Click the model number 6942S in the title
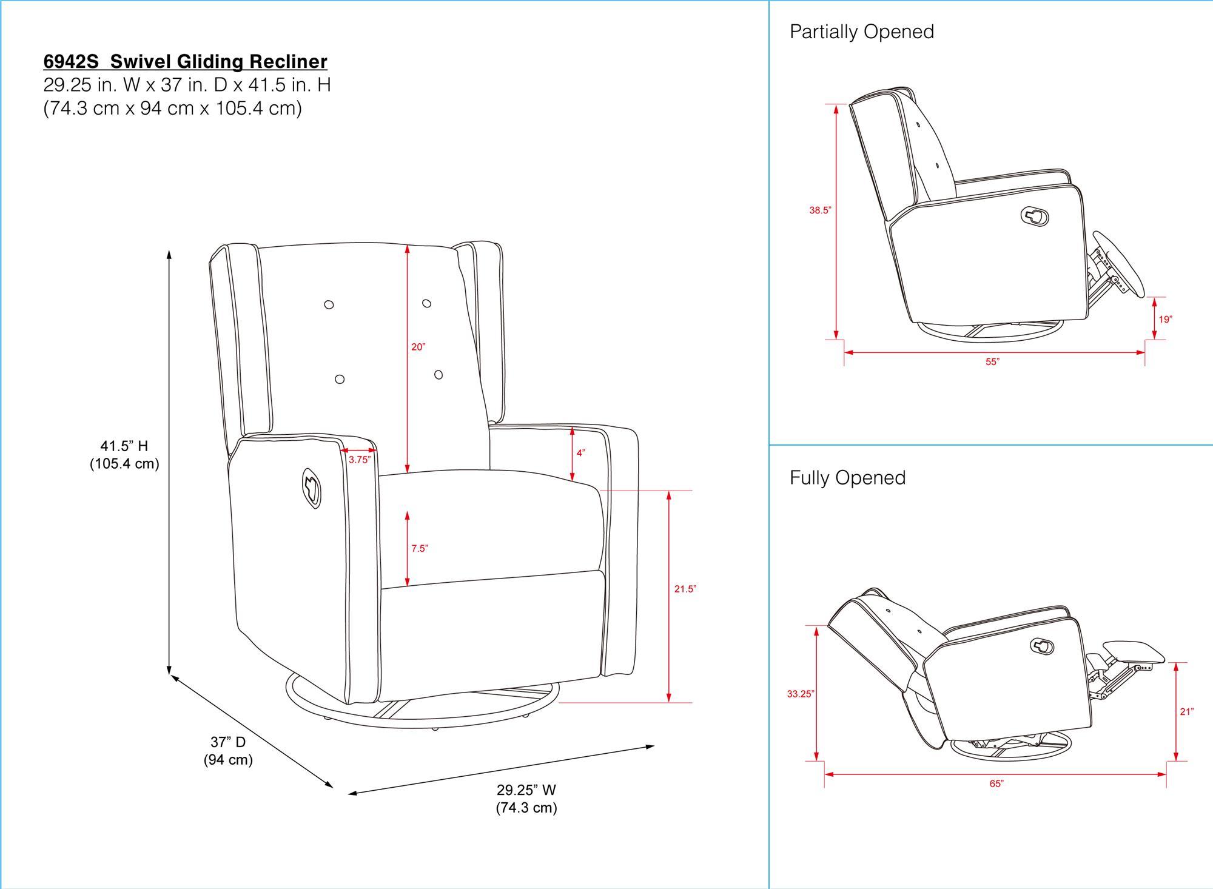tap(71, 62)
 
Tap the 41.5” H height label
tap(124, 446)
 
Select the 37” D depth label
tap(228, 742)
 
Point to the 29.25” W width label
tap(526, 790)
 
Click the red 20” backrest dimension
tap(418, 347)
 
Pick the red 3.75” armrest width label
tap(359, 460)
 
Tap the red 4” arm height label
tap(580, 453)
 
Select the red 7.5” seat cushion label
tap(420, 549)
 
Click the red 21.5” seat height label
tap(685, 589)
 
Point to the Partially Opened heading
tap(861, 32)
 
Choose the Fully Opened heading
tap(847, 478)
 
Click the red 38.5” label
tap(820, 210)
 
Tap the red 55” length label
tap(992, 362)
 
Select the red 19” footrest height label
tap(1165, 320)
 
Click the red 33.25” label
tap(801, 694)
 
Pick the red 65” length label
tap(996, 783)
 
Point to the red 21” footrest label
tap(1187, 712)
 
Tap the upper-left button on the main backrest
tap(329, 304)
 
